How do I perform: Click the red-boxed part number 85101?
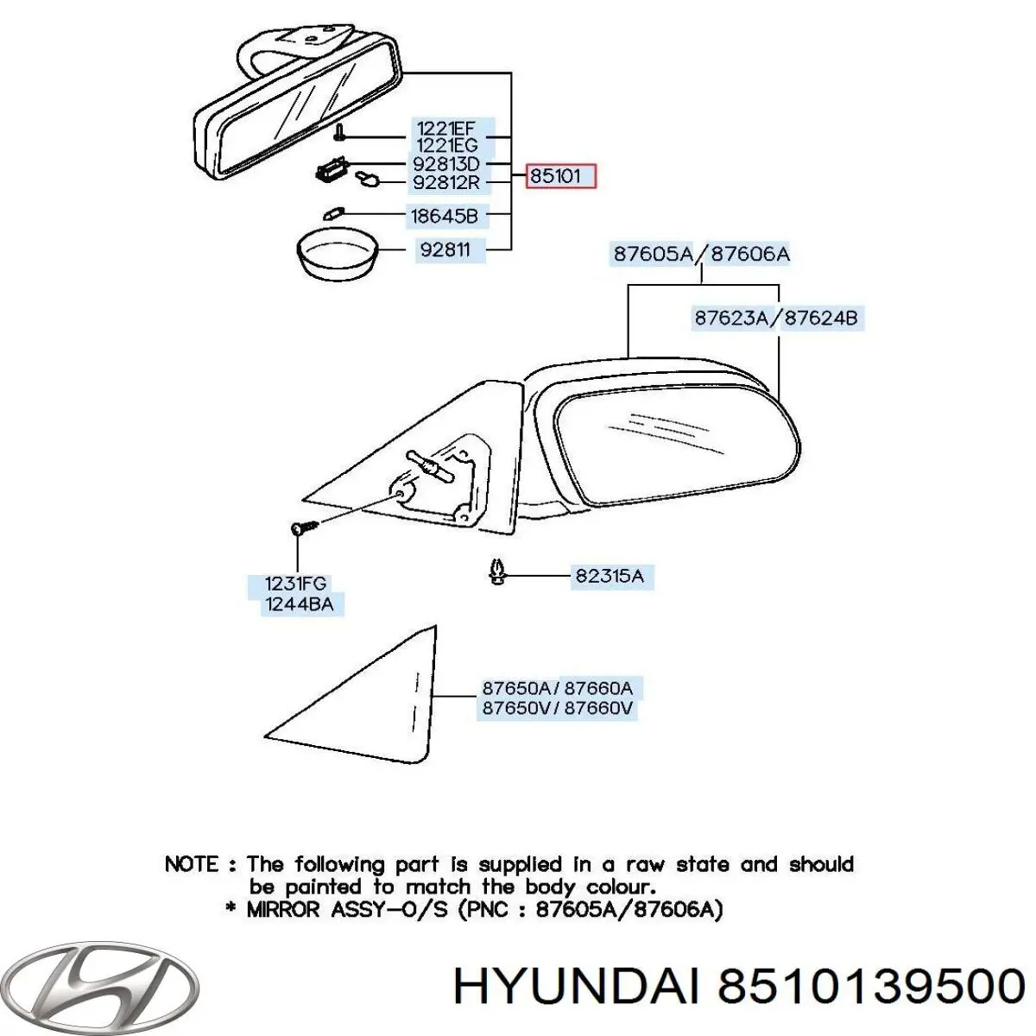(561, 177)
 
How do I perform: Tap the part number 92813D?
(446, 164)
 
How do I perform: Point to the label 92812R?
(446, 182)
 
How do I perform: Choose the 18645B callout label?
(447, 216)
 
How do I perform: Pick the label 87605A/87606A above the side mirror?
(701, 254)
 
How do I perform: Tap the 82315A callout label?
(610, 576)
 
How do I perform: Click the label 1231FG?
(295, 584)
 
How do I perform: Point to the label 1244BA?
(298, 604)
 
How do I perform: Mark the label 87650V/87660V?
(558, 709)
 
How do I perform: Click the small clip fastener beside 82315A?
(497, 572)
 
